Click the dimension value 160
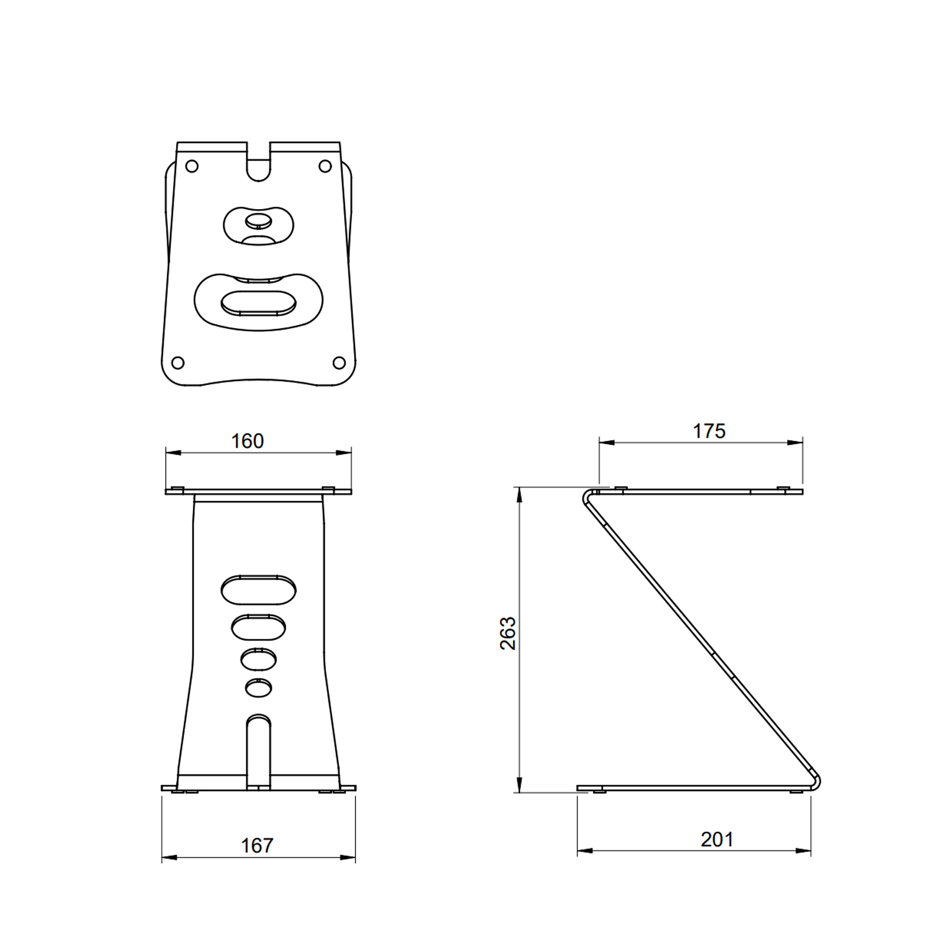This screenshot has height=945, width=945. click(247, 441)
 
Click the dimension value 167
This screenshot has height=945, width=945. click(257, 845)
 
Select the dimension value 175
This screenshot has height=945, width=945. click(709, 431)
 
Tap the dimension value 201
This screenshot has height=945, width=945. click(717, 839)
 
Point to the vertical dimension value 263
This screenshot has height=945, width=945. click(508, 633)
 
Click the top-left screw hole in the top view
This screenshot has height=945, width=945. click(191, 167)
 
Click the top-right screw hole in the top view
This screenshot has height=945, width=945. click(325, 167)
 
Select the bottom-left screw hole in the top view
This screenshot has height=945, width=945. click(178, 362)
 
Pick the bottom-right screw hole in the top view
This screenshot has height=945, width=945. click(339, 362)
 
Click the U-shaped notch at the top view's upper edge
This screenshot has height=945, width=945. click(258, 165)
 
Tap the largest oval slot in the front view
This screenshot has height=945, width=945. click(259, 589)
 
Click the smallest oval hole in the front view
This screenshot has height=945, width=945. click(259, 687)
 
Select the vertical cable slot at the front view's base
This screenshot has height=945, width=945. click(258, 753)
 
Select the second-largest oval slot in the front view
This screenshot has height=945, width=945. click(259, 627)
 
